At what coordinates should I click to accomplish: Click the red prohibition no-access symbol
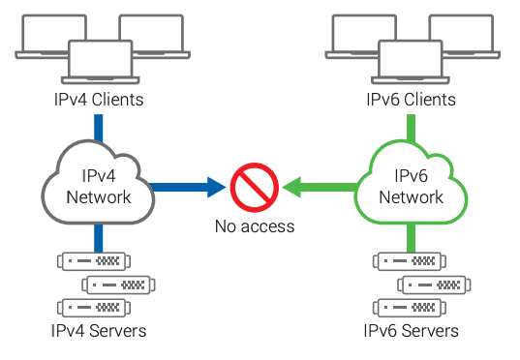point(255,185)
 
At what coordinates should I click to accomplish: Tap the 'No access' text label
point(255,227)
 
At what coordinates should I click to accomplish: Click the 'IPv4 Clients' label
point(100,100)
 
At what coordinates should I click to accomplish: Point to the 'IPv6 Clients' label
point(411,100)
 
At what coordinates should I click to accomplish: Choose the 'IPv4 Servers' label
point(99,331)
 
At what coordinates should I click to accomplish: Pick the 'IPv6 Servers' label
point(411,331)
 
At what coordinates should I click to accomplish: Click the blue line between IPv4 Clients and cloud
point(99,126)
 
